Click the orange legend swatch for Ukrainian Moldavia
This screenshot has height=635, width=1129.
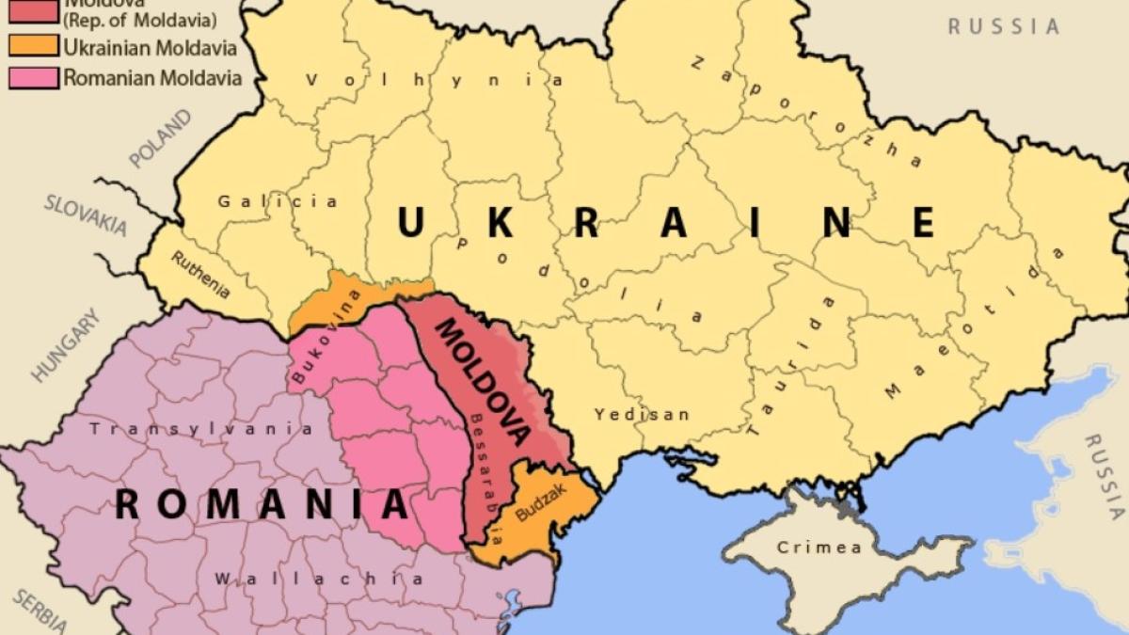coord(34,46)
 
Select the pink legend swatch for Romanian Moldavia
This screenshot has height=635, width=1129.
coord(34,77)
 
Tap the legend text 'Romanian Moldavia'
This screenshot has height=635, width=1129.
coord(151,77)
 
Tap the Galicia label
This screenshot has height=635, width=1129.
coord(278,201)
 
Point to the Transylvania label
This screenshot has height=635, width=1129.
coord(201,429)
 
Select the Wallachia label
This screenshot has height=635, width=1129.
coord(318,579)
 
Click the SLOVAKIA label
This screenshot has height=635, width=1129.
coord(85,215)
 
